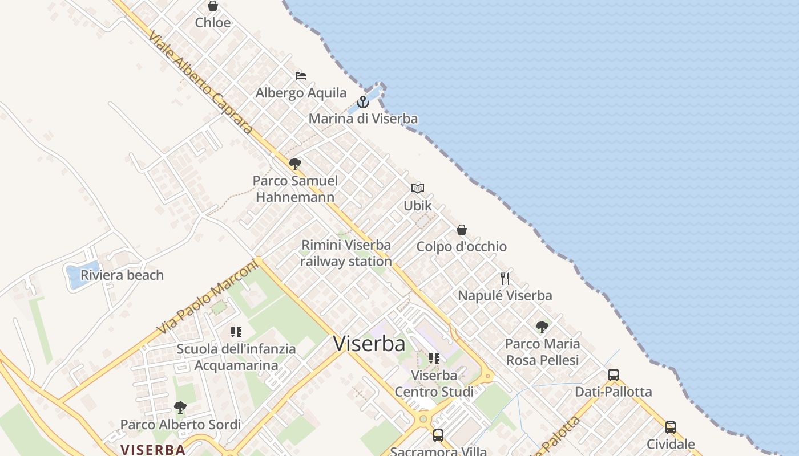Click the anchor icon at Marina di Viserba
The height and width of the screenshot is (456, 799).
point(363,102)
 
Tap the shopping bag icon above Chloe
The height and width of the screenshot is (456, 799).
point(213,6)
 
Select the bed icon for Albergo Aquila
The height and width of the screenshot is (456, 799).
point(301,76)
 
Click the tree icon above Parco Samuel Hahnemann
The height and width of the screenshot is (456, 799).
point(295,164)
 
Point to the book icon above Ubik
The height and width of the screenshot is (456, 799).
point(418,188)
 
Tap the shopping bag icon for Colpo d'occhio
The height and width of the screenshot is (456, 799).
point(462,230)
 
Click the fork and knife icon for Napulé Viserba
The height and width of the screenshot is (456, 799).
point(505,279)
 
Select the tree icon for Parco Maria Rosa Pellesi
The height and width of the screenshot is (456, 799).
point(542,327)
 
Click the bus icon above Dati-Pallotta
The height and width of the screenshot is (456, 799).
point(614,375)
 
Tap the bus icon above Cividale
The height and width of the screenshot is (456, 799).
point(671,427)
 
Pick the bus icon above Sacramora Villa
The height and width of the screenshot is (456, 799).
point(438,435)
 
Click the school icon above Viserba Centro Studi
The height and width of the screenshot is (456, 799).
point(434,359)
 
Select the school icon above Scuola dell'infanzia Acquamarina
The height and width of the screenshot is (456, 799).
point(236,332)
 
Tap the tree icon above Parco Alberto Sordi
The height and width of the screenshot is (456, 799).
point(180,408)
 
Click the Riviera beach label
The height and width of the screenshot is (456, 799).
point(122,275)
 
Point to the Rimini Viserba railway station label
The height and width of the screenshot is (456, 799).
point(346,253)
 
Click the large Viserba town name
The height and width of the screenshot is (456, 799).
point(369,344)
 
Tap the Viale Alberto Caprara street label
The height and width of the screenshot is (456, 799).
point(200,83)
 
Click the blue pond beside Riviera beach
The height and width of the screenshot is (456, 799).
point(74,276)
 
